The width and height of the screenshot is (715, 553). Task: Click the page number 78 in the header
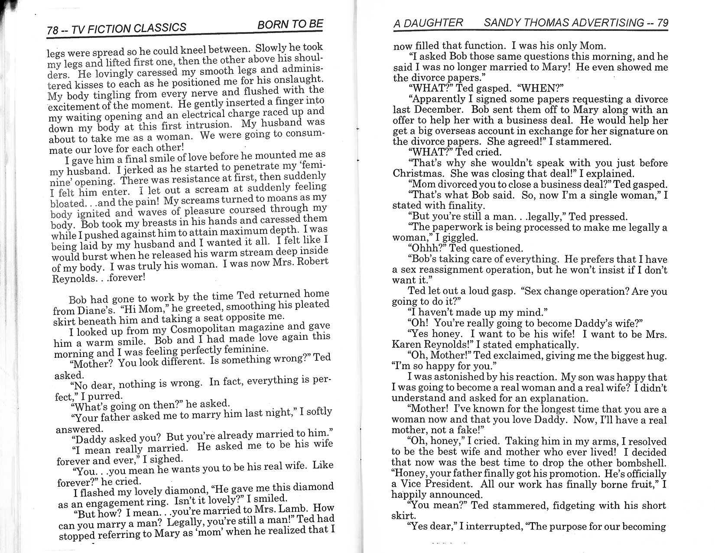[53, 30]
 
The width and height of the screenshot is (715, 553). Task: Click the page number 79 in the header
[663, 23]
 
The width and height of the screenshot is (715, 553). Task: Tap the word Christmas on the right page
[419, 173]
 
